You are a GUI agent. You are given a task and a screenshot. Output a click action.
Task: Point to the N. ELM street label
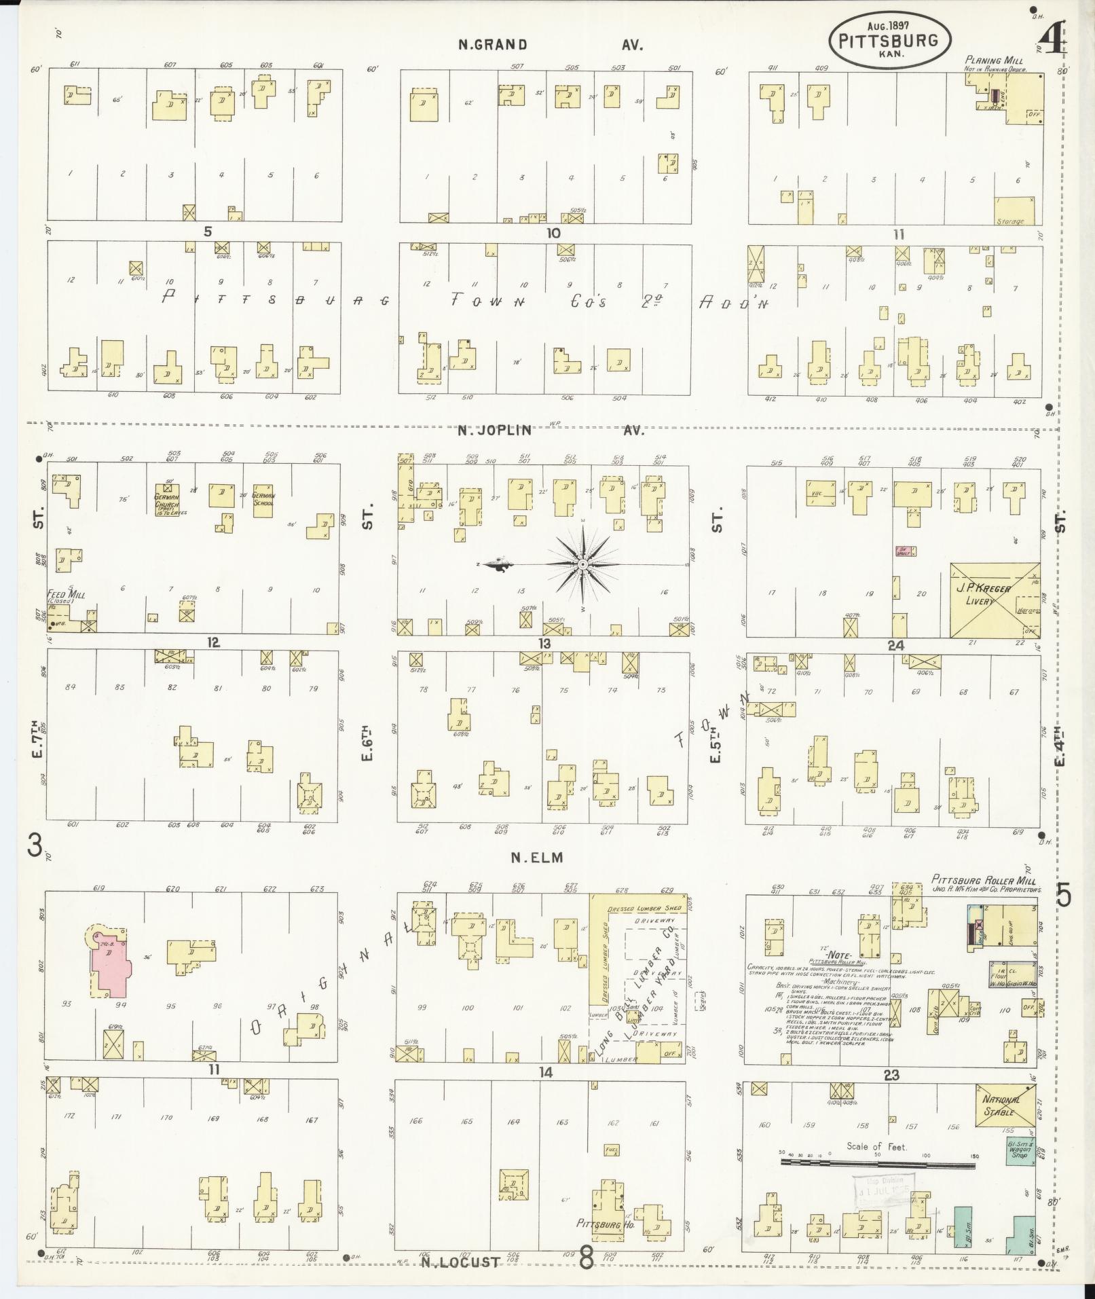[x=537, y=858]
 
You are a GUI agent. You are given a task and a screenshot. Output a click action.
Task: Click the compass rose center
[x=582, y=564]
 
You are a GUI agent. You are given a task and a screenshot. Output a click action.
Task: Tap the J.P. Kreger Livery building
[x=995, y=600]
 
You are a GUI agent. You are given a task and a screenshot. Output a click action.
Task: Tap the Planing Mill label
[x=994, y=61]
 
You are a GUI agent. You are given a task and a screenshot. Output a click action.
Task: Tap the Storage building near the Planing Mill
[x=1014, y=211]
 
